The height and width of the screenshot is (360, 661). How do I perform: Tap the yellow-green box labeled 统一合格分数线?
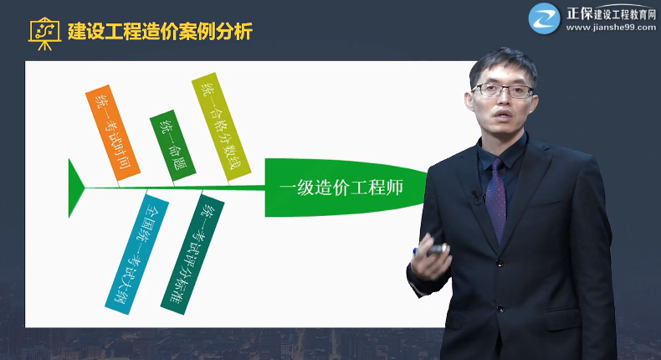[223, 126]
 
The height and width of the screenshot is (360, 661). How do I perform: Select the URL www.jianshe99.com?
[612, 27]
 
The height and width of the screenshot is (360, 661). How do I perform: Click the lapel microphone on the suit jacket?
[478, 198]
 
